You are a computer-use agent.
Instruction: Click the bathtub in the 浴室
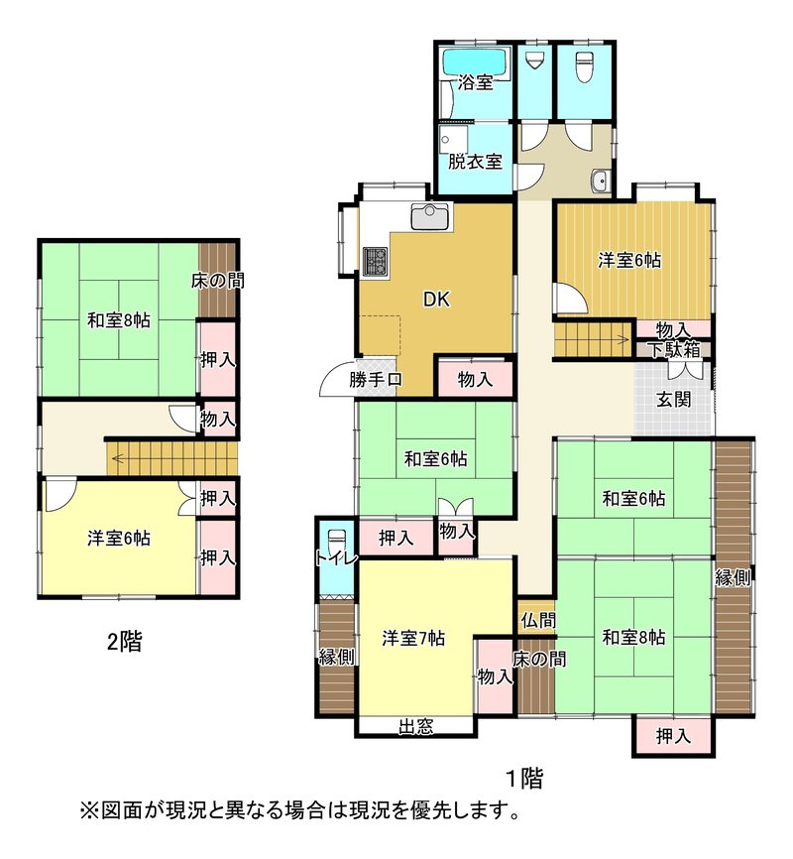[477, 61]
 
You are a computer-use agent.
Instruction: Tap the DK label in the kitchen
[436, 300]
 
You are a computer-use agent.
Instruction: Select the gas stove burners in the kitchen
[375, 260]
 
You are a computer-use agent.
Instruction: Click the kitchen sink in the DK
[432, 216]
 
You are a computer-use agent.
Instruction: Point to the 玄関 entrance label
[673, 400]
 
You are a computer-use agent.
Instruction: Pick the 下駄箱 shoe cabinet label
[674, 349]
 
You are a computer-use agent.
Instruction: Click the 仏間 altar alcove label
[538, 620]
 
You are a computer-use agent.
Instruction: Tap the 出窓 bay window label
[415, 727]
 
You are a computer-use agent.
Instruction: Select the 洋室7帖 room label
[413, 638]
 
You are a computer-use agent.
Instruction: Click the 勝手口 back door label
[376, 379]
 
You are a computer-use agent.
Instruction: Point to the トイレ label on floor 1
[336, 558]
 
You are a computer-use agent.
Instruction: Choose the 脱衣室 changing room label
[475, 162]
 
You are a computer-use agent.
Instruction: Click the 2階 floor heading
[124, 641]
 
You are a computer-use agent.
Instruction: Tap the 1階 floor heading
[524, 778]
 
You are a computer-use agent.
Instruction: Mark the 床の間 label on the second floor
[217, 281]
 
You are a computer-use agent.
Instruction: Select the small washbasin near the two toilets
[601, 179]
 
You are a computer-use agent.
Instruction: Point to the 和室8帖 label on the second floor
[119, 320]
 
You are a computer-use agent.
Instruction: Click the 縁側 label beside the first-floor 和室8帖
[733, 577]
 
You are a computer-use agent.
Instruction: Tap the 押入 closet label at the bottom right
[673, 736]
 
